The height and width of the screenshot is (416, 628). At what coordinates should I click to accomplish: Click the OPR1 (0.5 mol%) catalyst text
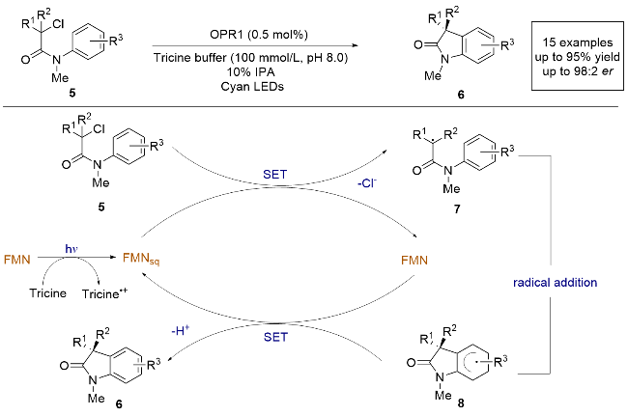245,33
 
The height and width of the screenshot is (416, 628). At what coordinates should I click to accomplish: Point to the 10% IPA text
245,69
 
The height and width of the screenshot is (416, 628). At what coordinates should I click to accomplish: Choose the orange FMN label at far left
19,258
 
